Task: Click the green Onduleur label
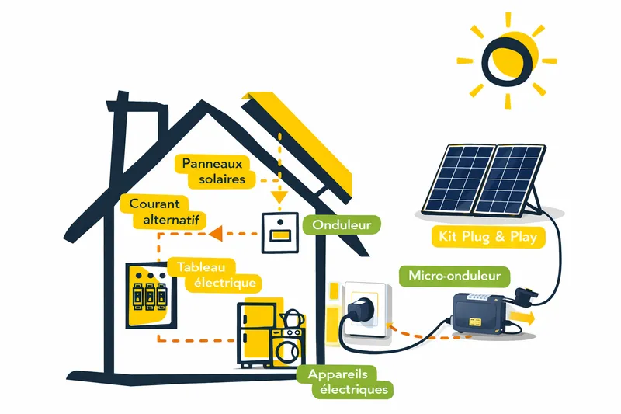coord(341,225)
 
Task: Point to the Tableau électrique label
coord(212,274)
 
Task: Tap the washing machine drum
coord(289,350)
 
